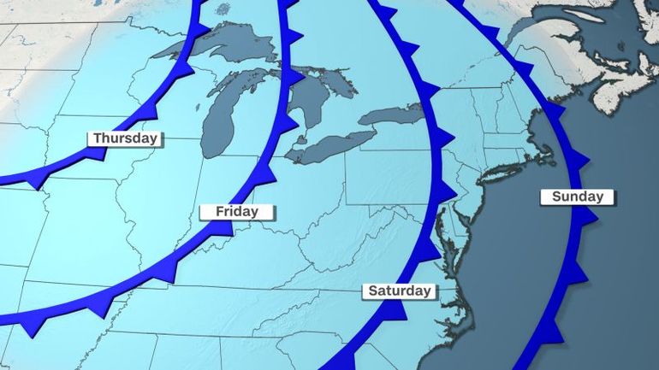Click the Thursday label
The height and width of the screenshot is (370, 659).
tap(125, 138)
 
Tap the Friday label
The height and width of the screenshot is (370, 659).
tap(236, 211)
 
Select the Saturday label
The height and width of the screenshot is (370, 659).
tap(400, 291)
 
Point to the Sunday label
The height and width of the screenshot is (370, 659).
tap(578, 197)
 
